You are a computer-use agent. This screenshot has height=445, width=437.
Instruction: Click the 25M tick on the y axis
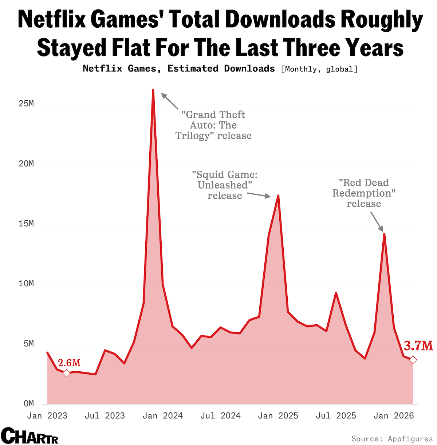(x=26, y=104)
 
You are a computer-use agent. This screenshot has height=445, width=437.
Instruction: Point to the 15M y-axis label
(x=26, y=224)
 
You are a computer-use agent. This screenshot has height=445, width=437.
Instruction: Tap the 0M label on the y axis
(x=29, y=403)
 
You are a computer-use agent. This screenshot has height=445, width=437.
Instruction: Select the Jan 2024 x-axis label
(x=163, y=416)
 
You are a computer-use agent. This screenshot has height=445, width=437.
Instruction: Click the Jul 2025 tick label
(x=336, y=416)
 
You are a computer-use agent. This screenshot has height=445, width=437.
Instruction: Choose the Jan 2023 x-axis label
(x=47, y=416)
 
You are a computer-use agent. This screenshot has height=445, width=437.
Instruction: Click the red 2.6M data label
(x=69, y=363)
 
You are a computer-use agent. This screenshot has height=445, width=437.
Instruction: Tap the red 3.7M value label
(x=418, y=346)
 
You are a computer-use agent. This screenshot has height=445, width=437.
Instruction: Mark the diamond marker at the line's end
(x=413, y=360)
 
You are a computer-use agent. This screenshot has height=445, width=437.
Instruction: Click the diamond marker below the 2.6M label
(x=66, y=373)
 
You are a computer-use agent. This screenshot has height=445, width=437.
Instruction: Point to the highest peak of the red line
(x=153, y=90)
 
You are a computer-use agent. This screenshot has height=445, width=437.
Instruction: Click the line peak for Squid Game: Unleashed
(x=278, y=196)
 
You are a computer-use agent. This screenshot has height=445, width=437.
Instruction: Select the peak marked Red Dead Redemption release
(x=384, y=234)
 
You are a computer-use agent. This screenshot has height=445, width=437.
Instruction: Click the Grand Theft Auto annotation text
(x=213, y=125)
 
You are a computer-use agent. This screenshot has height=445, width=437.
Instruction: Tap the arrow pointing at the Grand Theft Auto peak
(x=170, y=101)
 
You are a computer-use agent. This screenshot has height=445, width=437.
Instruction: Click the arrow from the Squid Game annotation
(x=259, y=195)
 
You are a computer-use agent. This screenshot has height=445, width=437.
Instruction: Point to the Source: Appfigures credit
(x=392, y=438)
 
